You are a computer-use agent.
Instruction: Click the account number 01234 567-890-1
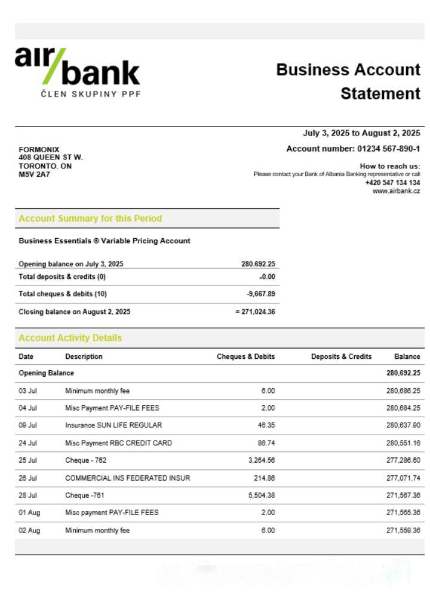[x=388, y=149]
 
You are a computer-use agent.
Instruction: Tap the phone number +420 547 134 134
[x=392, y=183]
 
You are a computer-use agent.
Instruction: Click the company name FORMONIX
[x=39, y=150]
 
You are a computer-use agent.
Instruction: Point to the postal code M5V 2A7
[x=35, y=175]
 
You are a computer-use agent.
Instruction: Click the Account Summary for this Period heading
[x=90, y=219]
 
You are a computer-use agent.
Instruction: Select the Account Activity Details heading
[x=70, y=338]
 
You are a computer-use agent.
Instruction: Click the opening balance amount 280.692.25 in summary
[x=258, y=264]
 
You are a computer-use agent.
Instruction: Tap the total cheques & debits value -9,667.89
[x=261, y=294]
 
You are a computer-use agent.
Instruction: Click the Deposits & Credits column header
[x=341, y=356]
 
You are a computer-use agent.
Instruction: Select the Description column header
[x=84, y=356]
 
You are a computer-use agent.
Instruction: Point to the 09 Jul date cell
[x=27, y=426]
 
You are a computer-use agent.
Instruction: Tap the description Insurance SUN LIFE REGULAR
[x=113, y=426]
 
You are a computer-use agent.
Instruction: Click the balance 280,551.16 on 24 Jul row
[x=403, y=443]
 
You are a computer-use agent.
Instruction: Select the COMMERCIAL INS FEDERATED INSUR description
[x=128, y=478]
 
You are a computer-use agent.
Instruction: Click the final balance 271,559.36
[x=403, y=530]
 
